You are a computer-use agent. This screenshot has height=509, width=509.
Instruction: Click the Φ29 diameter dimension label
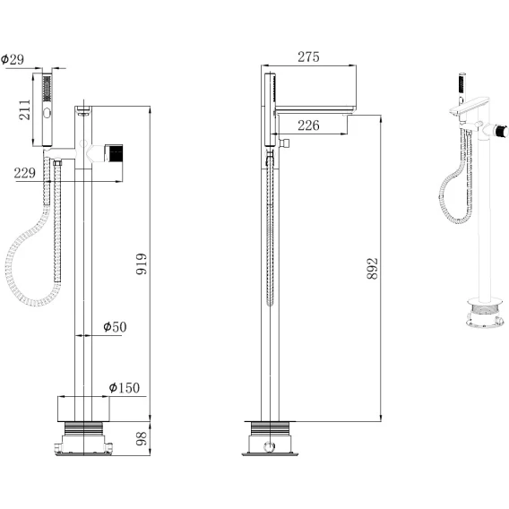coord(13,59)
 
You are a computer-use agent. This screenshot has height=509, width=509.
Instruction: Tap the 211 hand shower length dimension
coord(25,110)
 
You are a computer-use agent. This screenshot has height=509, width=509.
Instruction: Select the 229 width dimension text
coord(25,173)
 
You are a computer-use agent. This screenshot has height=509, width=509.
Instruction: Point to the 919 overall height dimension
coord(142,264)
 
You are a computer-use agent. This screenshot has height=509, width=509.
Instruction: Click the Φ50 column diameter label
coord(115,327)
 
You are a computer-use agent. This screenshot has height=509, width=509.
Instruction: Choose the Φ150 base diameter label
coord(125,388)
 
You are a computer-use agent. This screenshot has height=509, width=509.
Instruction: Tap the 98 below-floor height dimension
coord(142,438)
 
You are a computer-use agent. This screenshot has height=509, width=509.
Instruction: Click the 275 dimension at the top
coord(308,56)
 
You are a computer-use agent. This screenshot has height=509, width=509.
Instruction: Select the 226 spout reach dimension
coord(308,125)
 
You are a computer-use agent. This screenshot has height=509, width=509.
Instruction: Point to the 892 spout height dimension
coord(372,269)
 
